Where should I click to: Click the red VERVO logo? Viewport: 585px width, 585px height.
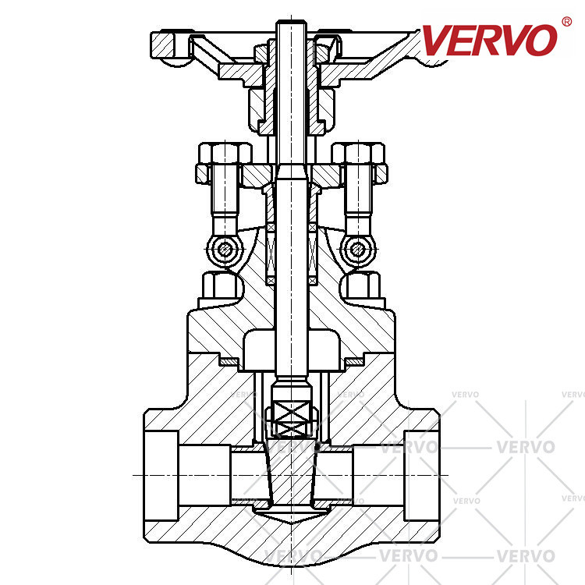tap(490, 40)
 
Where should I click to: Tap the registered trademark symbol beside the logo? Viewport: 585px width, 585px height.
tap(566, 22)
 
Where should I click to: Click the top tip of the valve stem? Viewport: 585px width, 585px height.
tap(291, 21)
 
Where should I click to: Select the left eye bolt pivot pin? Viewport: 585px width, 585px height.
tap(224, 249)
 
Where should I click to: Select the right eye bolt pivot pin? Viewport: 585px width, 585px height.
tap(357, 249)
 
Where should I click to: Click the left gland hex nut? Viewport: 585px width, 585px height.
tap(225, 153)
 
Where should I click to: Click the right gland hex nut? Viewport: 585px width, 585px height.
tap(358, 153)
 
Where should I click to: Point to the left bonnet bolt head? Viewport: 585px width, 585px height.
tap(219, 285)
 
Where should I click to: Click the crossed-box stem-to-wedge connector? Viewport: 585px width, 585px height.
tap(292, 419)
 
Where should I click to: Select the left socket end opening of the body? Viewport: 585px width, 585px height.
tap(161, 475)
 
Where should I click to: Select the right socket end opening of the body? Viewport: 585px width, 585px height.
tap(422, 475)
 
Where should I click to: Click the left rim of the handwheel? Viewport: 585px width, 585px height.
tap(163, 45)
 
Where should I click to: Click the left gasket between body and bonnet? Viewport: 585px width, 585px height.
tap(229, 361)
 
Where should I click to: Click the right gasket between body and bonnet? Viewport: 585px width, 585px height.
tap(354, 361)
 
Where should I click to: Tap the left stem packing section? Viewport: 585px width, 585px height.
tap(271, 254)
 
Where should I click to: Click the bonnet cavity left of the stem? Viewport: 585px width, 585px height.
tap(259, 350)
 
